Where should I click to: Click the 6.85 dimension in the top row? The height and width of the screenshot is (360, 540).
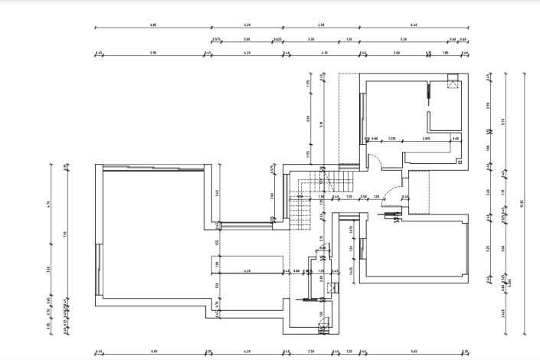click(x=152, y=25)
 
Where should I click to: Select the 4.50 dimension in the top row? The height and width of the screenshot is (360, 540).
click(x=321, y=25)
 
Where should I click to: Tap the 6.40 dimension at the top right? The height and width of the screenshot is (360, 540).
click(x=414, y=25)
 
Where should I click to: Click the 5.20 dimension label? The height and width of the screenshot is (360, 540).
click(x=403, y=38)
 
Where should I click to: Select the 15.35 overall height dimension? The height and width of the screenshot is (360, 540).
click(x=522, y=204)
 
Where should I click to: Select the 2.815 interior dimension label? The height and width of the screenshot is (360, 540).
click(x=426, y=139)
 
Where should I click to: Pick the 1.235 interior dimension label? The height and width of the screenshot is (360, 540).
click(x=391, y=139)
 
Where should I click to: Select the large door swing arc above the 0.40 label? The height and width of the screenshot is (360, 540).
click(x=391, y=191)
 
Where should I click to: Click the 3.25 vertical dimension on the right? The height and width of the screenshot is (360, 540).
click(x=489, y=247)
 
